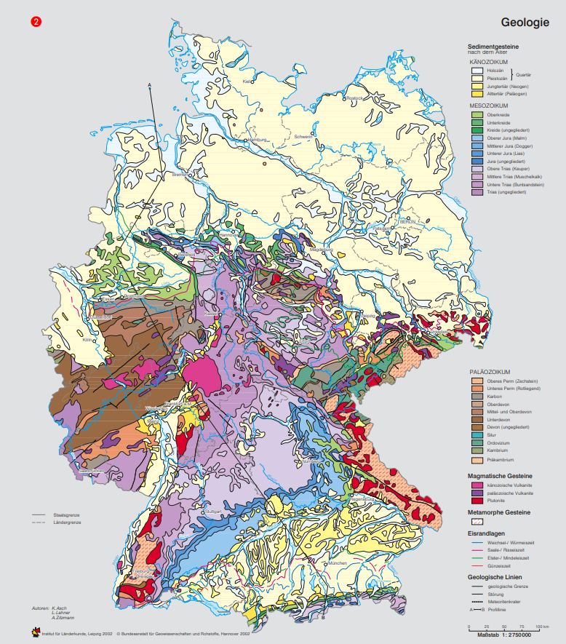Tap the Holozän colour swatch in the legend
pyautogui.click(x=477, y=70)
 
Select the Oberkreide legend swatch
pyautogui.click(x=477, y=114)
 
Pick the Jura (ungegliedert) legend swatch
pyautogui.click(x=477, y=161)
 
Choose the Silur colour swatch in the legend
pyautogui.click(x=477, y=434)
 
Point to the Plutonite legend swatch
pyautogui.click(x=477, y=501)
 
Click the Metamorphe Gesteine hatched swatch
pyautogui.click(x=477, y=522)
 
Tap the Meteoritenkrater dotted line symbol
pyautogui.click(x=477, y=602)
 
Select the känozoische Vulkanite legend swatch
pyautogui.click(x=477, y=485)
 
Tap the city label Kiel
pyautogui.click(x=246, y=82)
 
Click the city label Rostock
pyautogui.click(x=354, y=98)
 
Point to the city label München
pyautogui.click(x=338, y=563)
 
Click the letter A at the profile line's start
pyautogui.click(x=149, y=86)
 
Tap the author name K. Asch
pyautogui.click(x=60, y=608)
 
